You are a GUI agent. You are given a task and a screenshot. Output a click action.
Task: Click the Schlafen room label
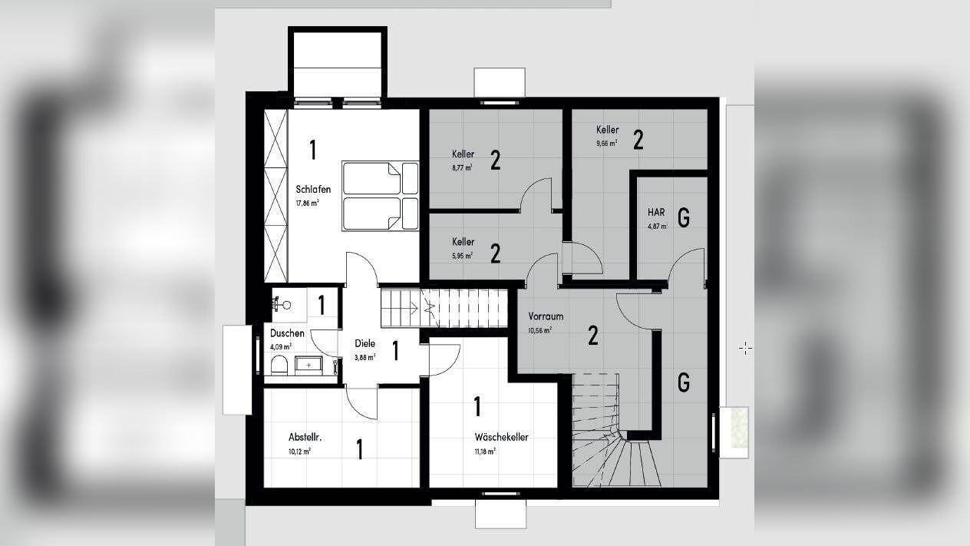coord(313,190)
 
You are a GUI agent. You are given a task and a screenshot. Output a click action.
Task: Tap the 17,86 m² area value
coord(308,203)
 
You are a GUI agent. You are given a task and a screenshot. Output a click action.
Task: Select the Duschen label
coord(287,333)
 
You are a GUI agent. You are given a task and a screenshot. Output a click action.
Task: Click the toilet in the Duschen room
coord(279,366)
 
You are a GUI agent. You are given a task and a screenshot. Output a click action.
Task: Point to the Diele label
coord(365,343)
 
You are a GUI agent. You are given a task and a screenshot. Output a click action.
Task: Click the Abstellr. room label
coord(305,437)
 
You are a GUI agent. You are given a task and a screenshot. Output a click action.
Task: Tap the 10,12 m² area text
coord(299,452)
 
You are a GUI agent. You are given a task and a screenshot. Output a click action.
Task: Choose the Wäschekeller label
coord(501,437)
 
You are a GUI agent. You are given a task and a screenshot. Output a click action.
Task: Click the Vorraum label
coord(546,316)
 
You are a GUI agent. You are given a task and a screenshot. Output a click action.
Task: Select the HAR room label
coord(656,212)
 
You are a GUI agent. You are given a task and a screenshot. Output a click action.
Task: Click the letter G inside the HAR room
coord(684,217)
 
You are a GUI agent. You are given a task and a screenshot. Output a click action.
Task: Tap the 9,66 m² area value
coord(607,144)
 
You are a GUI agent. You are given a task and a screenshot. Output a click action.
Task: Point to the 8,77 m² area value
coord(462,167)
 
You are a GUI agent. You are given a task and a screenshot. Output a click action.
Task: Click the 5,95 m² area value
coord(463,256)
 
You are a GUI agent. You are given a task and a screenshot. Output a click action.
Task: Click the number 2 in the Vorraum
coord(593,336)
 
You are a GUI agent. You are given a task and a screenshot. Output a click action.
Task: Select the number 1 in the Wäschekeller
coord(477,406)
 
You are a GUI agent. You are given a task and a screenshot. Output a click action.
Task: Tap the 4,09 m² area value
coord(281,346)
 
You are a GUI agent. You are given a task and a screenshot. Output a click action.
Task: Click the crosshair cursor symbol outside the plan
coord(745,348)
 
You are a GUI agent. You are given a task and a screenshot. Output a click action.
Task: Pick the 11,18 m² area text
coord(485,452)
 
